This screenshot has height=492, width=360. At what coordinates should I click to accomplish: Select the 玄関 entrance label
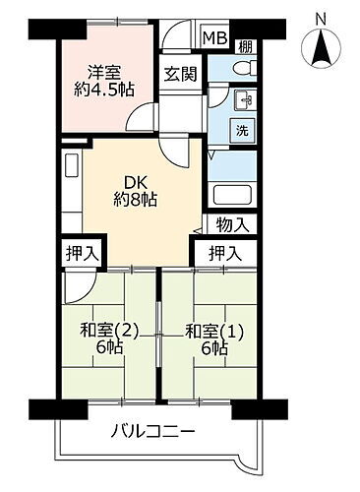179,74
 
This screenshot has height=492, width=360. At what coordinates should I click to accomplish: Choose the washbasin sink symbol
243,99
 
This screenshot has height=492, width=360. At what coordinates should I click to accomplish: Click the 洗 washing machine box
241,130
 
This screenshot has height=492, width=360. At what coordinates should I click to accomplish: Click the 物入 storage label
231,225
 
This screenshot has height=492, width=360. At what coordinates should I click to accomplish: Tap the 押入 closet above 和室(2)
82,254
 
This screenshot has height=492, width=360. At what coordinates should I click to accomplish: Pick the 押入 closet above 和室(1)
224,254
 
